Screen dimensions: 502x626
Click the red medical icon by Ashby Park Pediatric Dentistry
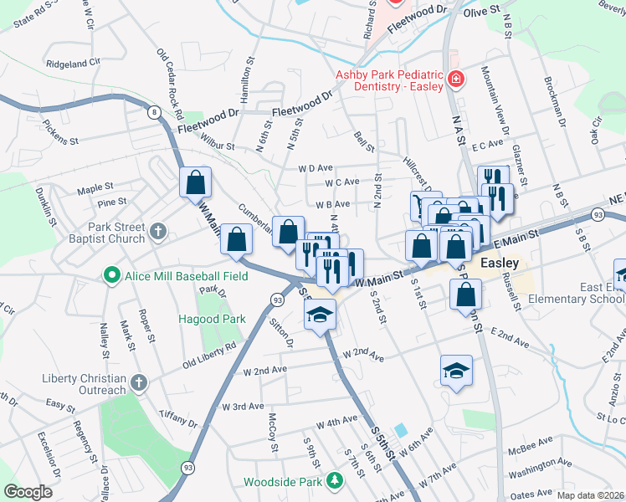pos(456,80)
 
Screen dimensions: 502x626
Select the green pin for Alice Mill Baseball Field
pos(110,274)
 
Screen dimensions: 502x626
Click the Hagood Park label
pos(212,319)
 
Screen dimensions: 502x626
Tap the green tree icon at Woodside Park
pos(335,480)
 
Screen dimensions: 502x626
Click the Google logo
pos(28,492)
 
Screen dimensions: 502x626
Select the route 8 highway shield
pos(154,111)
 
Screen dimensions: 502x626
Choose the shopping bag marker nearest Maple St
pos(195,182)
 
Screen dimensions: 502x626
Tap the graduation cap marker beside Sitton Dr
pos(320,315)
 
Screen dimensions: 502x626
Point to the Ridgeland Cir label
pos(74,63)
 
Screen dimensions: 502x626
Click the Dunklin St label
pos(50,208)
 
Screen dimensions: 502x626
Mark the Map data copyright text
pos(590,495)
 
